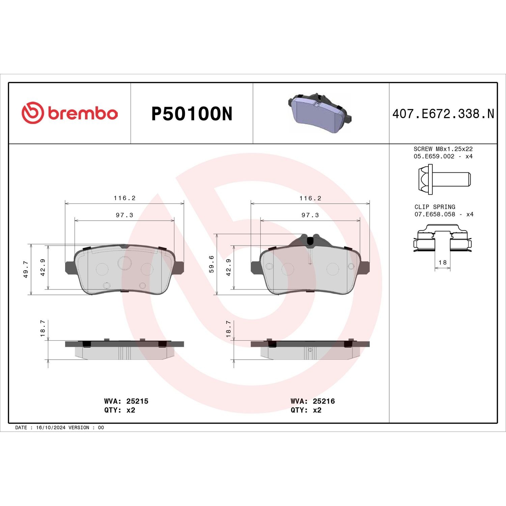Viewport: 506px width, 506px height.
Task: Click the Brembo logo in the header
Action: pos(70,113)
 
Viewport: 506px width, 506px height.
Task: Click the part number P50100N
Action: pos(192,114)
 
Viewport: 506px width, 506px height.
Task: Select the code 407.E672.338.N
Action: pos(443,114)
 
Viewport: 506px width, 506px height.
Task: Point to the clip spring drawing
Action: pos(442,238)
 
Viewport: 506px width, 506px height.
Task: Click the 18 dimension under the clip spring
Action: pos(443,262)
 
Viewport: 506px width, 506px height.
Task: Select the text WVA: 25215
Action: pos(126,401)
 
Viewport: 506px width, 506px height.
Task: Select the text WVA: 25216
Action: pos(313,401)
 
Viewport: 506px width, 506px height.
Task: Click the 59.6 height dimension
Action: pos(212,264)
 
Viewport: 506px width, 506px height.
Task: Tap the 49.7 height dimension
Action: pos(26,269)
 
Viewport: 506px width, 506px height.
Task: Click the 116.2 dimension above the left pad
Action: pos(124,198)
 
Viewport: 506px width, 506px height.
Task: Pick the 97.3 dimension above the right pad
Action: pos(310,215)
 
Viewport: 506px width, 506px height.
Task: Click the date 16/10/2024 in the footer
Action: pos(51,427)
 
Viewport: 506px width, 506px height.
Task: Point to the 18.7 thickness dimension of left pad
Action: pos(43,329)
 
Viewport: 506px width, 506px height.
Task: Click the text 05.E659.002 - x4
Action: pos(443,156)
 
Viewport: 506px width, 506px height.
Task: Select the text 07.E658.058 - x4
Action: pos(444,214)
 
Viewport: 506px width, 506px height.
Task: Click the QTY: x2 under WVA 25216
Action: pos(306,410)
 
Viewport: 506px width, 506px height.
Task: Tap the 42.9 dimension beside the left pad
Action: pos(43,268)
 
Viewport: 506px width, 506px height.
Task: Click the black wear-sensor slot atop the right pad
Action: pos(311,241)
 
